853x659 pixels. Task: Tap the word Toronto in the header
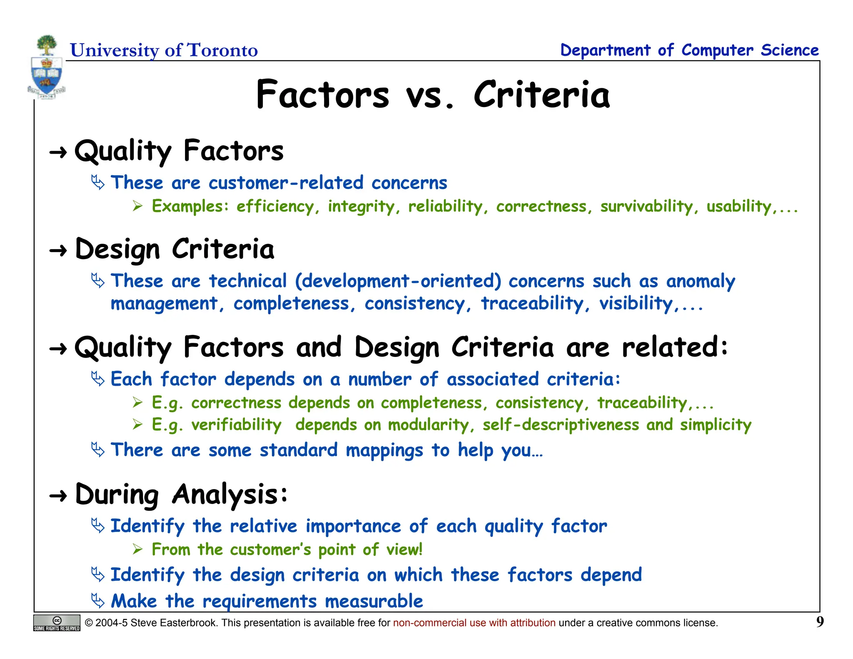[222, 50]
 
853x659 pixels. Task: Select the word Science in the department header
[790, 50]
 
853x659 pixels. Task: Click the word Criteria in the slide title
[541, 95]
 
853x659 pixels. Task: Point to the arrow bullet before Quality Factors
[58, 153]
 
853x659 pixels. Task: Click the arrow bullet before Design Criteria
[58, 251]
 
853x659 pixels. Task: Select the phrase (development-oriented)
[398, 281]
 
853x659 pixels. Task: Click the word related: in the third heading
[675, 347]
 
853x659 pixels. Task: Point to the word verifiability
[236, 425]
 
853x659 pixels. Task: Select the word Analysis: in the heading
[229, 495]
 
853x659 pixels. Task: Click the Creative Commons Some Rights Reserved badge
[57, 623]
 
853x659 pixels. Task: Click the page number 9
[820, 622]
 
